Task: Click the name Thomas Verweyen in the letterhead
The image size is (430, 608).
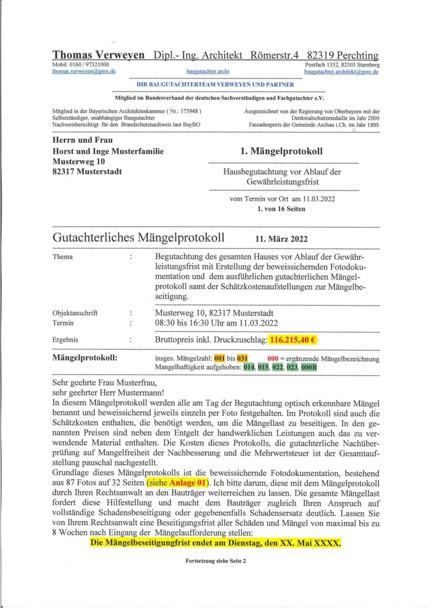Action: [99, 55]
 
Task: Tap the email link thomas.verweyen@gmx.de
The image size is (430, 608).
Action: [84, 72]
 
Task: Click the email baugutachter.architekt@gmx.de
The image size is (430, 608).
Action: [342, 72]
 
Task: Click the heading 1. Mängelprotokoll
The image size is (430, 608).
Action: [281, 151]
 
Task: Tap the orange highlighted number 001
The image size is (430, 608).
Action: [219, 358]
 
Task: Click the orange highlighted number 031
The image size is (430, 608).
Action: [242, 358]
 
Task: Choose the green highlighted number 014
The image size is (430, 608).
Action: [249, 367]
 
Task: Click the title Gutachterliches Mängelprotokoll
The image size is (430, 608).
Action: [138, 238]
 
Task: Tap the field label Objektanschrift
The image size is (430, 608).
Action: [74, 313]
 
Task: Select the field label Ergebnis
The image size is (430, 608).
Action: [65, 340]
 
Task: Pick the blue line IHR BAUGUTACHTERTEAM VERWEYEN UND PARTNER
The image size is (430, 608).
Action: [216, 84]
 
